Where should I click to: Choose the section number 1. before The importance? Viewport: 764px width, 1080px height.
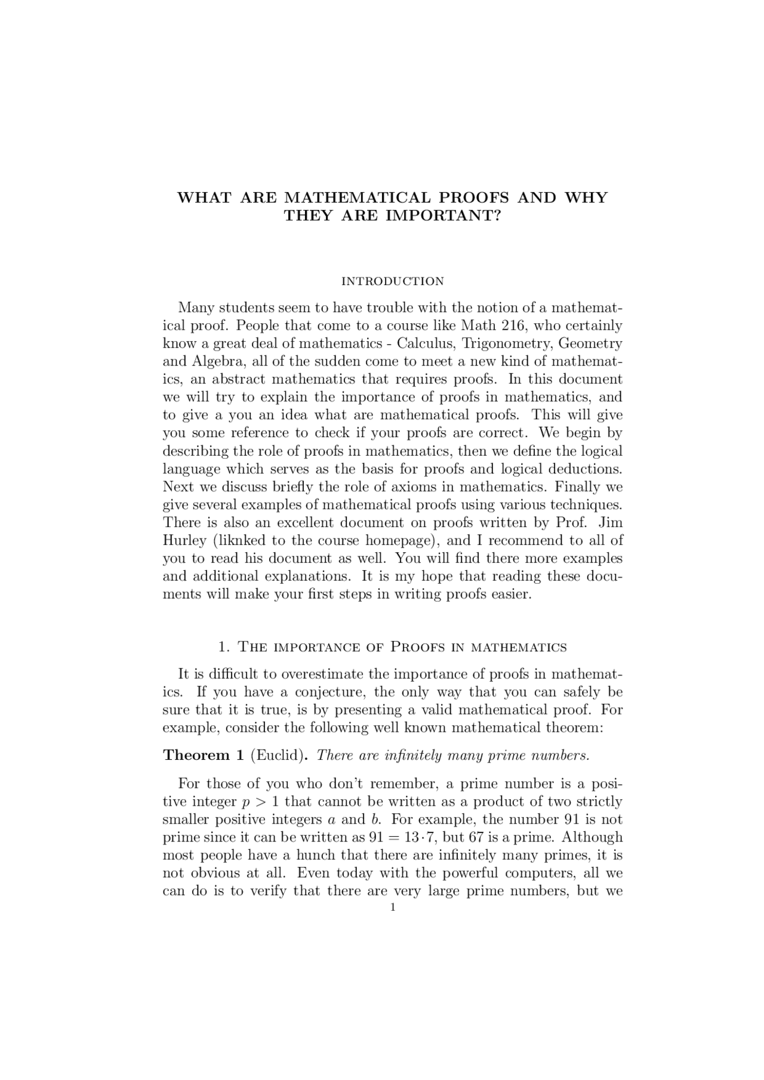[224, 647]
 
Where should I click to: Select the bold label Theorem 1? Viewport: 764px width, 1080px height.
[203, 755]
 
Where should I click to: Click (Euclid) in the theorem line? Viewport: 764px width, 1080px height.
[279, 755]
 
